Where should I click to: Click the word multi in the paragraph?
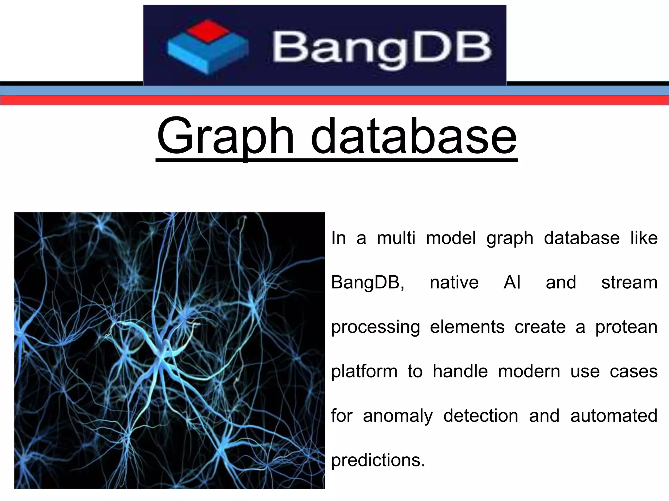click(x=396, y=237)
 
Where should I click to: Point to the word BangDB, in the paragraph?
click(x=368, y=282)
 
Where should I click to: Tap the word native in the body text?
click(x=454, y=282)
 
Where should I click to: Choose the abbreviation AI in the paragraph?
click(x=512, y=282)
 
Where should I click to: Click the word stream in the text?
click(x=629, y=282)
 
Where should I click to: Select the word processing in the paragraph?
click(x=375, y=327)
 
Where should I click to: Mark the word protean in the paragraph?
click(x=626, y=327)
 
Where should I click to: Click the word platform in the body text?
click(x=364, y=372)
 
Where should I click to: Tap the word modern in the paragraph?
click(x=529, y=372)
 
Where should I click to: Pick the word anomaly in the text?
click(x=398, y=416)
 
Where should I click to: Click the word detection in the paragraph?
click(x=481, y=416)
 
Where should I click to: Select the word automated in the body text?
click(x=614, y=416)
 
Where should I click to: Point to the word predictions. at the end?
click(x=378, y=460)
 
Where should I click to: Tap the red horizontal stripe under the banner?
click(x=334, y=100)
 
